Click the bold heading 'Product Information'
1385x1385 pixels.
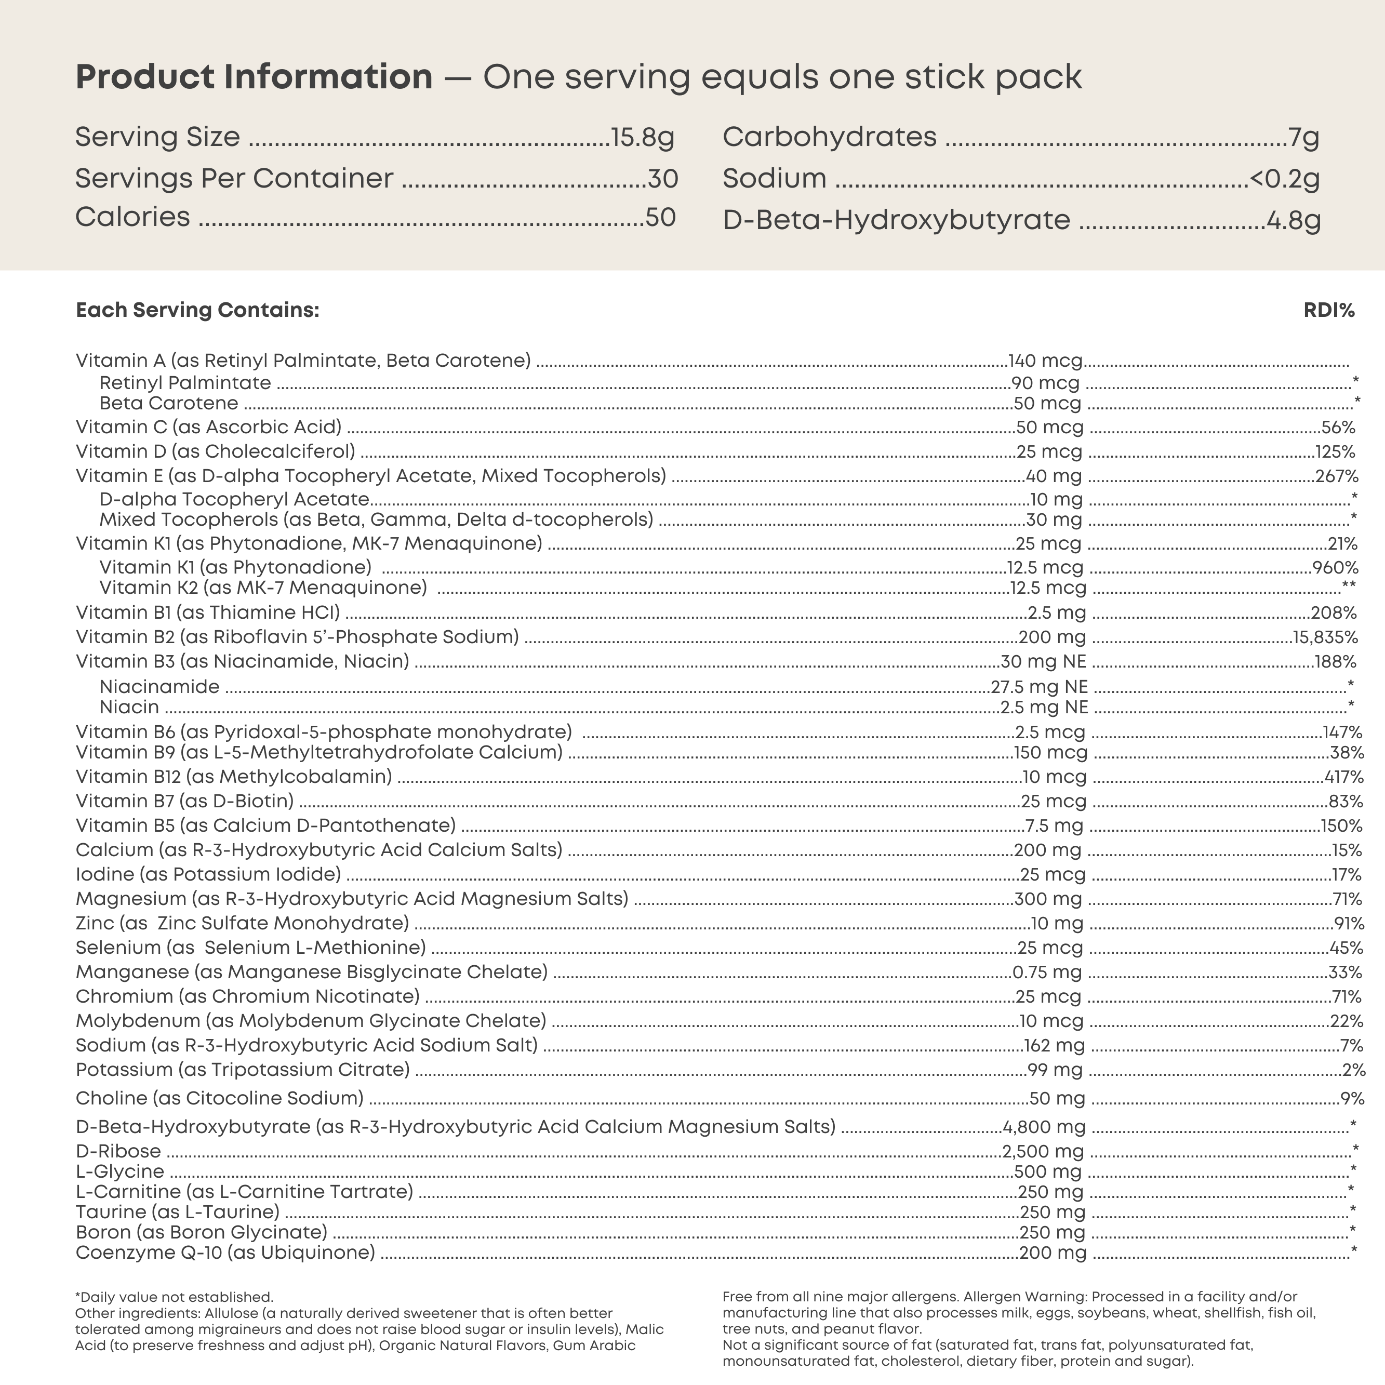254,77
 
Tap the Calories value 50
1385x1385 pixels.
660,217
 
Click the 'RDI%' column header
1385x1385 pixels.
1329,311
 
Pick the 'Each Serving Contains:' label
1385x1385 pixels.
197,311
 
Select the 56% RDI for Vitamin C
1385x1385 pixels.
1338,427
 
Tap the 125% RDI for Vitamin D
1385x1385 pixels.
1335,451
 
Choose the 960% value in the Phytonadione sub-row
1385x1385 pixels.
1335,568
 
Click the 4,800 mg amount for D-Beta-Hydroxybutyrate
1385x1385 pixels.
1044,1127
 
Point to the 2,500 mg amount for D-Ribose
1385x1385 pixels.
1042,1151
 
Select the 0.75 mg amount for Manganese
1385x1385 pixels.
1047,972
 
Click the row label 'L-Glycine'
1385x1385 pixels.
119,1171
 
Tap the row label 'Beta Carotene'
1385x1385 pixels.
168,403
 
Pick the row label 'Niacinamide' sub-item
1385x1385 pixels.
159,687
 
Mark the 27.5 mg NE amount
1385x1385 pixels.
1039,687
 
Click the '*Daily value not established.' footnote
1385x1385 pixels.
174,1297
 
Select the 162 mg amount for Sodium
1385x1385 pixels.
1054,1045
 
